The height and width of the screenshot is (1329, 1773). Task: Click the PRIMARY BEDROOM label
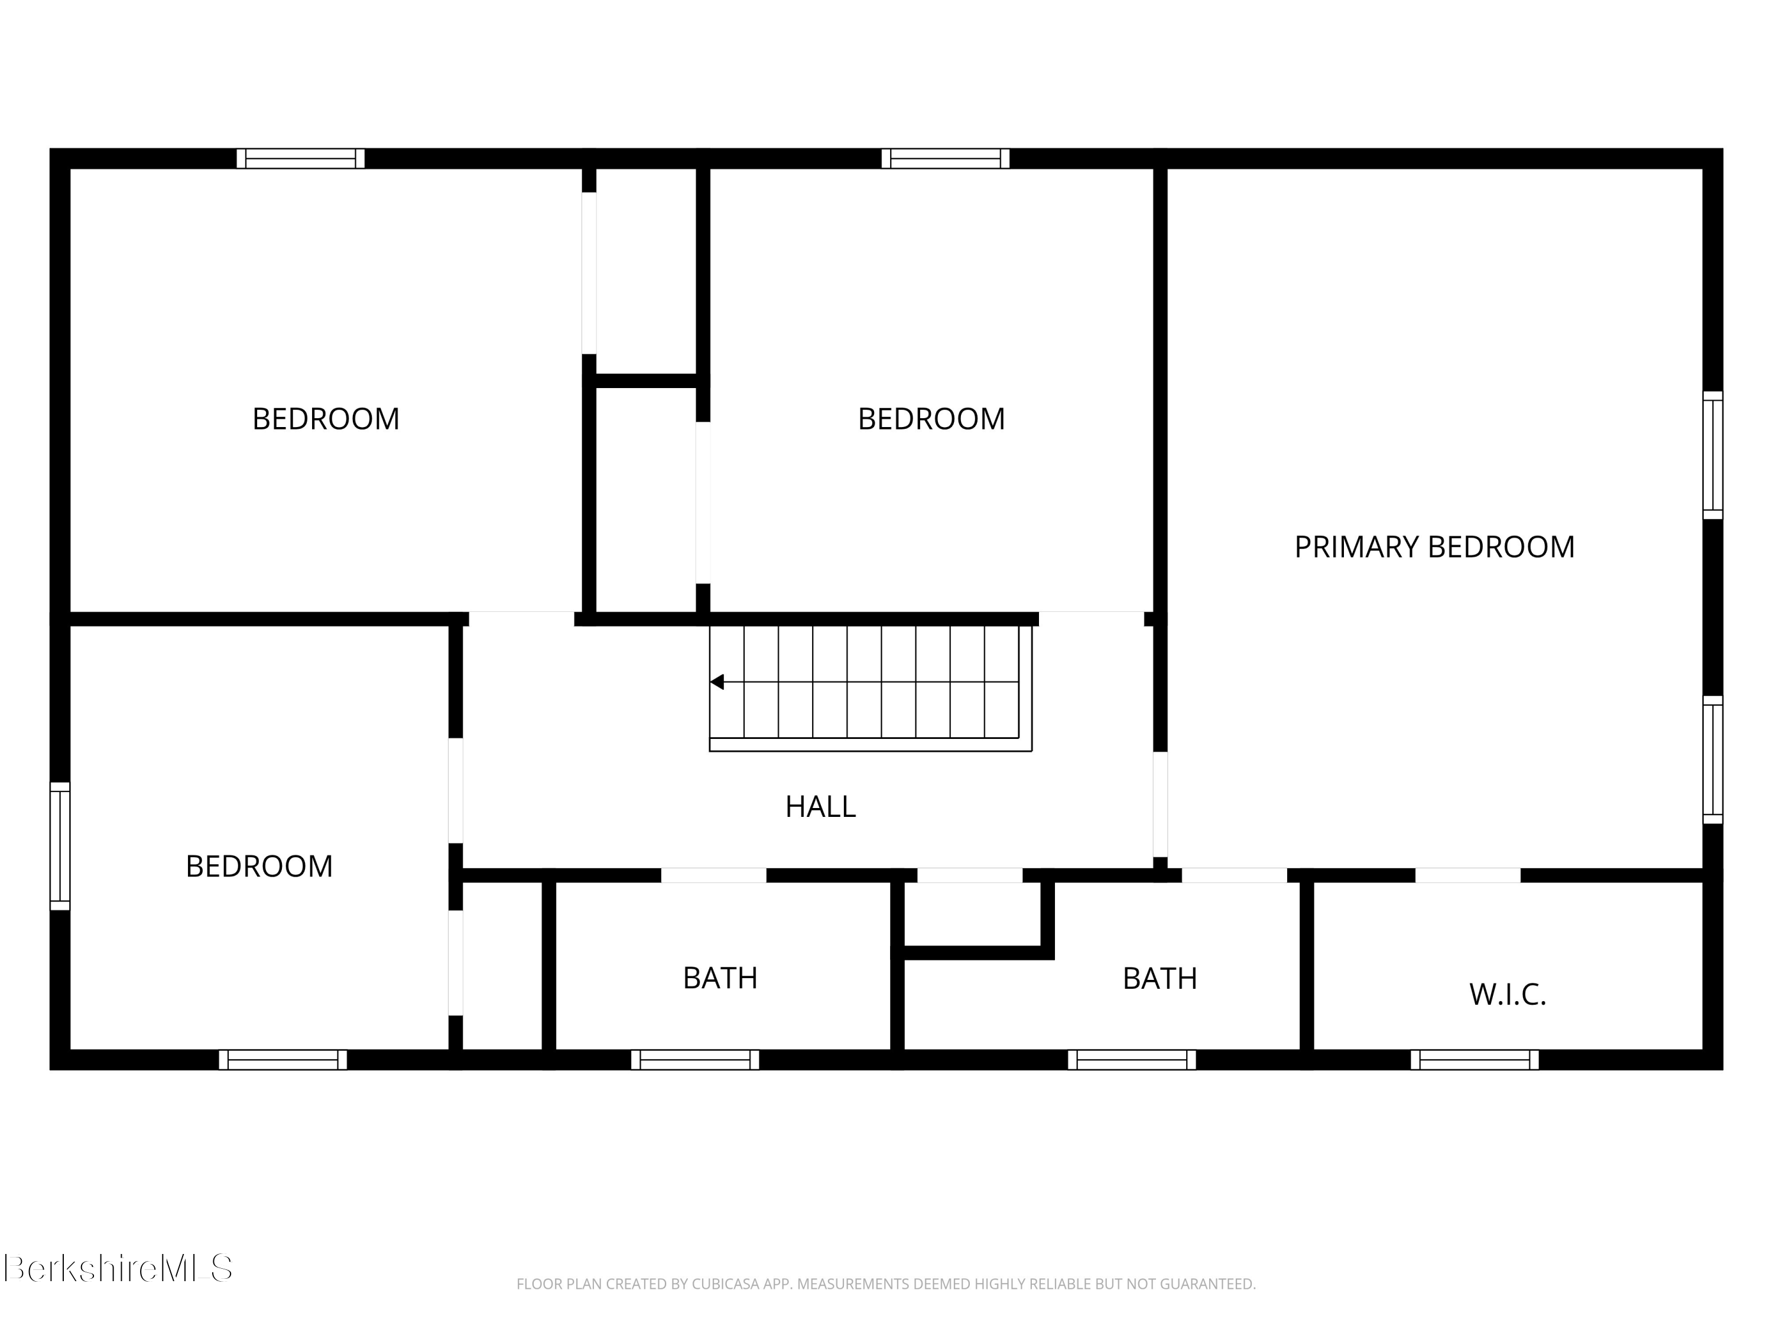click(1434, 547)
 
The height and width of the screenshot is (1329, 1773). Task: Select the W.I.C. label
click(1507, 994)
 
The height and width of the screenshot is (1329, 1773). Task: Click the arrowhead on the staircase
click(717, 682)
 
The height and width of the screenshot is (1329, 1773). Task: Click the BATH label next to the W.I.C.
click(1159, 978)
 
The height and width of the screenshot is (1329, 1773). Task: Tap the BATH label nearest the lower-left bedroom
click(720, 978)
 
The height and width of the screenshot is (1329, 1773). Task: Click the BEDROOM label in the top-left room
click(326, 419)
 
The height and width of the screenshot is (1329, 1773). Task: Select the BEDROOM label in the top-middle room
click(931, 419)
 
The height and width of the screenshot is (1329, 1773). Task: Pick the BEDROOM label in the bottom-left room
click(259, 866)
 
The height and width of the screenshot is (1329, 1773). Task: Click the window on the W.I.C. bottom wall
click(1474, 1060)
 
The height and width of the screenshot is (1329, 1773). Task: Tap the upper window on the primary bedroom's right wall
click(1712, 455)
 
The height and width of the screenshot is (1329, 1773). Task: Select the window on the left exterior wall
click(60, 846)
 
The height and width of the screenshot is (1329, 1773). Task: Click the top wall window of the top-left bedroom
click(301, 159)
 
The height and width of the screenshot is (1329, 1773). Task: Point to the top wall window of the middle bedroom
click(945, 159)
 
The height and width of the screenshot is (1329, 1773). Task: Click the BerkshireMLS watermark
click(118, 1268)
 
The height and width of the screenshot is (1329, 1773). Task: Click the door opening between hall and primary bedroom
click(1160, 804)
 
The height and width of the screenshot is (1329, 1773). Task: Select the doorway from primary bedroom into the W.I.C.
click(1467, 875)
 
